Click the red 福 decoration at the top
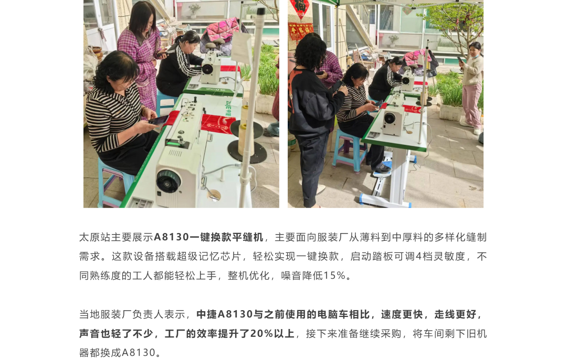point(300,8)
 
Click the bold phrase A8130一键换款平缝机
point(208,237)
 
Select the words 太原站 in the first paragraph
point(94,237)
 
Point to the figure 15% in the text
point(334,276)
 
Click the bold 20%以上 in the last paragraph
point(272,333)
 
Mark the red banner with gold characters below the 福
point(300,31)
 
